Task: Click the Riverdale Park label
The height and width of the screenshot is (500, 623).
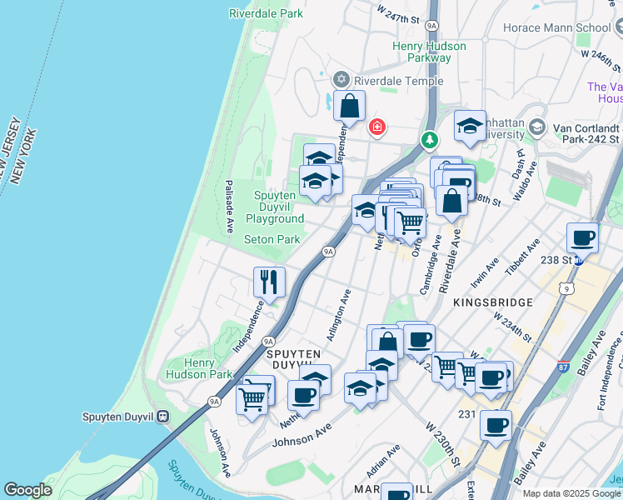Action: point(267,14)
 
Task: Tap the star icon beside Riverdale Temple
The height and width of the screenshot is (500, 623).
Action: point(340,80)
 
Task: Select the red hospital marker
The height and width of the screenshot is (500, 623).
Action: point(376,127)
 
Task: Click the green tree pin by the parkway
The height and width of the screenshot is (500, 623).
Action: point(430,139)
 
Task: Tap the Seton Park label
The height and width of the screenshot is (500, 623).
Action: point(272,239)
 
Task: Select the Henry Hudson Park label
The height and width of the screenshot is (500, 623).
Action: point(199,368)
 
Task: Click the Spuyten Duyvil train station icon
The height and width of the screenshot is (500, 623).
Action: point(163,416)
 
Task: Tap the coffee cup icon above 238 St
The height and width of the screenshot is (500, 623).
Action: point(583,237)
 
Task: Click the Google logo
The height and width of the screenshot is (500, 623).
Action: point(27,490)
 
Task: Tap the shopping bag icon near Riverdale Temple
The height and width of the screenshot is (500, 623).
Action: point(350,107)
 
